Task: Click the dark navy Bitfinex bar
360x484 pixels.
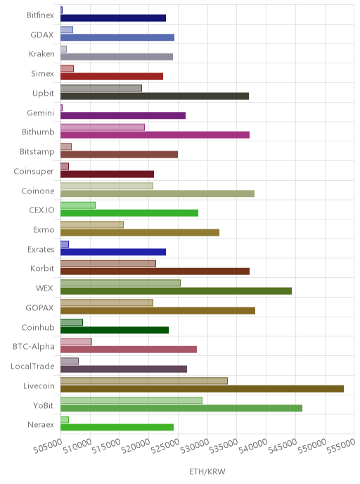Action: pos(113,18)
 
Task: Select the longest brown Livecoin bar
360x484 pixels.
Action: pos(202,388)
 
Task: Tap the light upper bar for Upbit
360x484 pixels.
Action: pos(101,88)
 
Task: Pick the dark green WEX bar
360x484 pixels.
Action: pos(176,291)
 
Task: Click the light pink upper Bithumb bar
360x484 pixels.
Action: pos(103,127)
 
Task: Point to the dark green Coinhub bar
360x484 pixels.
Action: pos(115,330)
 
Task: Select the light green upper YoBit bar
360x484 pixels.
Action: pos(131,400)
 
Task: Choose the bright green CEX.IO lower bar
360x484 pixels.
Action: pos(129,212)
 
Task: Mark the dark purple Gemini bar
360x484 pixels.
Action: pos(123,115)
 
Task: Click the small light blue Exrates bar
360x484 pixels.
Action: pos(65,245)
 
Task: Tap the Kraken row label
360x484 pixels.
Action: pos(41,54)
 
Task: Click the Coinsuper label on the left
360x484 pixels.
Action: pos(34,172)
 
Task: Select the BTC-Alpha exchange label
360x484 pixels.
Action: pos(34,347)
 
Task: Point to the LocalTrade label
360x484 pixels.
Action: pos(32,366)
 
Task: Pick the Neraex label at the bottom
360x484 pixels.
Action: pos(41,425)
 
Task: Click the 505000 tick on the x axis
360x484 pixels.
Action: pos(48,447)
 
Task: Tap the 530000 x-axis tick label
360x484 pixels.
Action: pos(195,447)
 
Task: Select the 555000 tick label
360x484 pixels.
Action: pos(342,446)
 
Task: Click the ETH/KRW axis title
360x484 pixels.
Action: pos(207,471)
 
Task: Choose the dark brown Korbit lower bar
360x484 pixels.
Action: pos(155,272)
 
